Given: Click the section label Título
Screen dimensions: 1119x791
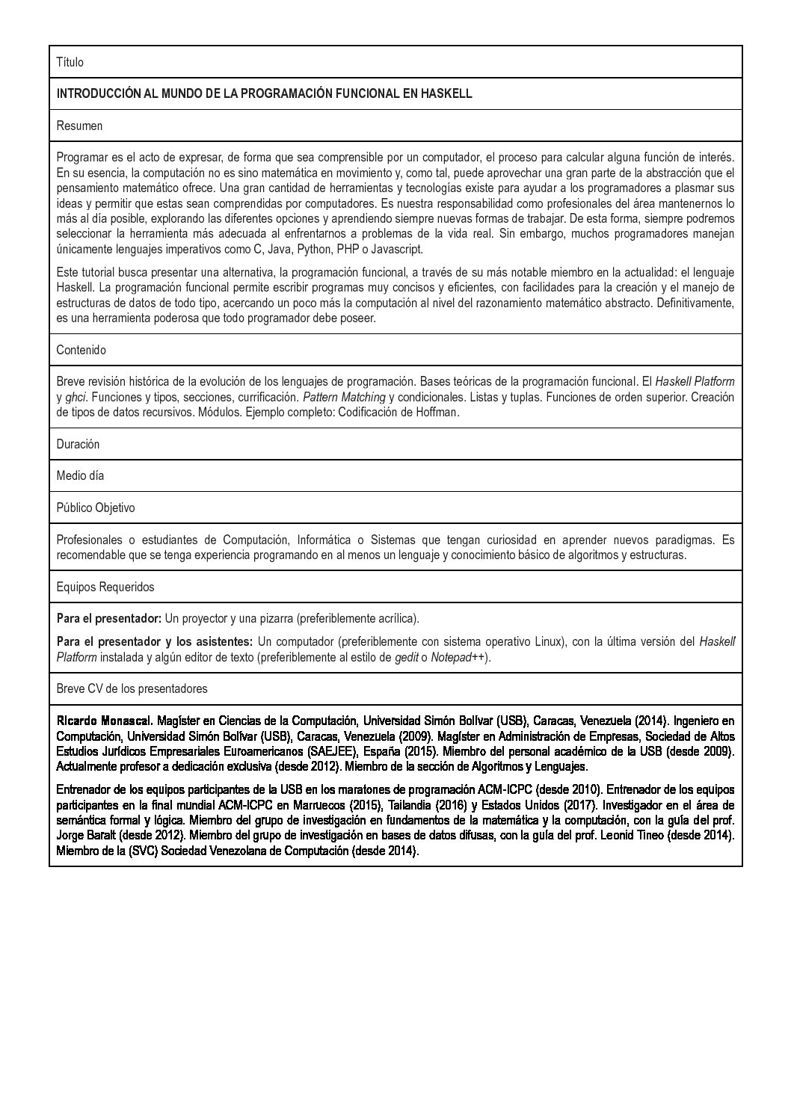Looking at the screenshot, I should tap(70, 62).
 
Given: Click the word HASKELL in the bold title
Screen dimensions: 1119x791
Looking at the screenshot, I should tap(446, 93).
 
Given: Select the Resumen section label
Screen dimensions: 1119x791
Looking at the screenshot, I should tap(79, 126).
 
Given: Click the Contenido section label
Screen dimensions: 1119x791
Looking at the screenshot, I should tap(81, 350).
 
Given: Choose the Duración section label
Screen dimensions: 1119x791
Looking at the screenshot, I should tap(78, 444).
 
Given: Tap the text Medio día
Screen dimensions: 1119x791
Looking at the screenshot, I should tap(80, 475).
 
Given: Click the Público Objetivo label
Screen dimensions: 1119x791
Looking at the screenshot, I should tap(96, 508).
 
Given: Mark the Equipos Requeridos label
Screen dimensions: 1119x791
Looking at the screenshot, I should tap(105, 587).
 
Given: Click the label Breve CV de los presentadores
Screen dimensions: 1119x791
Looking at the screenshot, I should tap(132, 688).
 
